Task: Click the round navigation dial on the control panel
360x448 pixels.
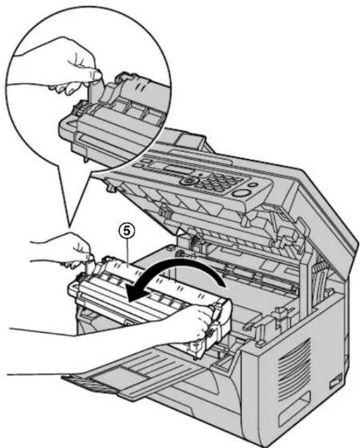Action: click(188, 181)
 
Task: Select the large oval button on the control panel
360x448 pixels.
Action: click(240, 193)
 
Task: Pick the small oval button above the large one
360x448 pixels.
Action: click(252, 185)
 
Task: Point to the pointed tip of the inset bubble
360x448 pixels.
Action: click(69, 228)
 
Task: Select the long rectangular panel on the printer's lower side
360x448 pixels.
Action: click(294, 412)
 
